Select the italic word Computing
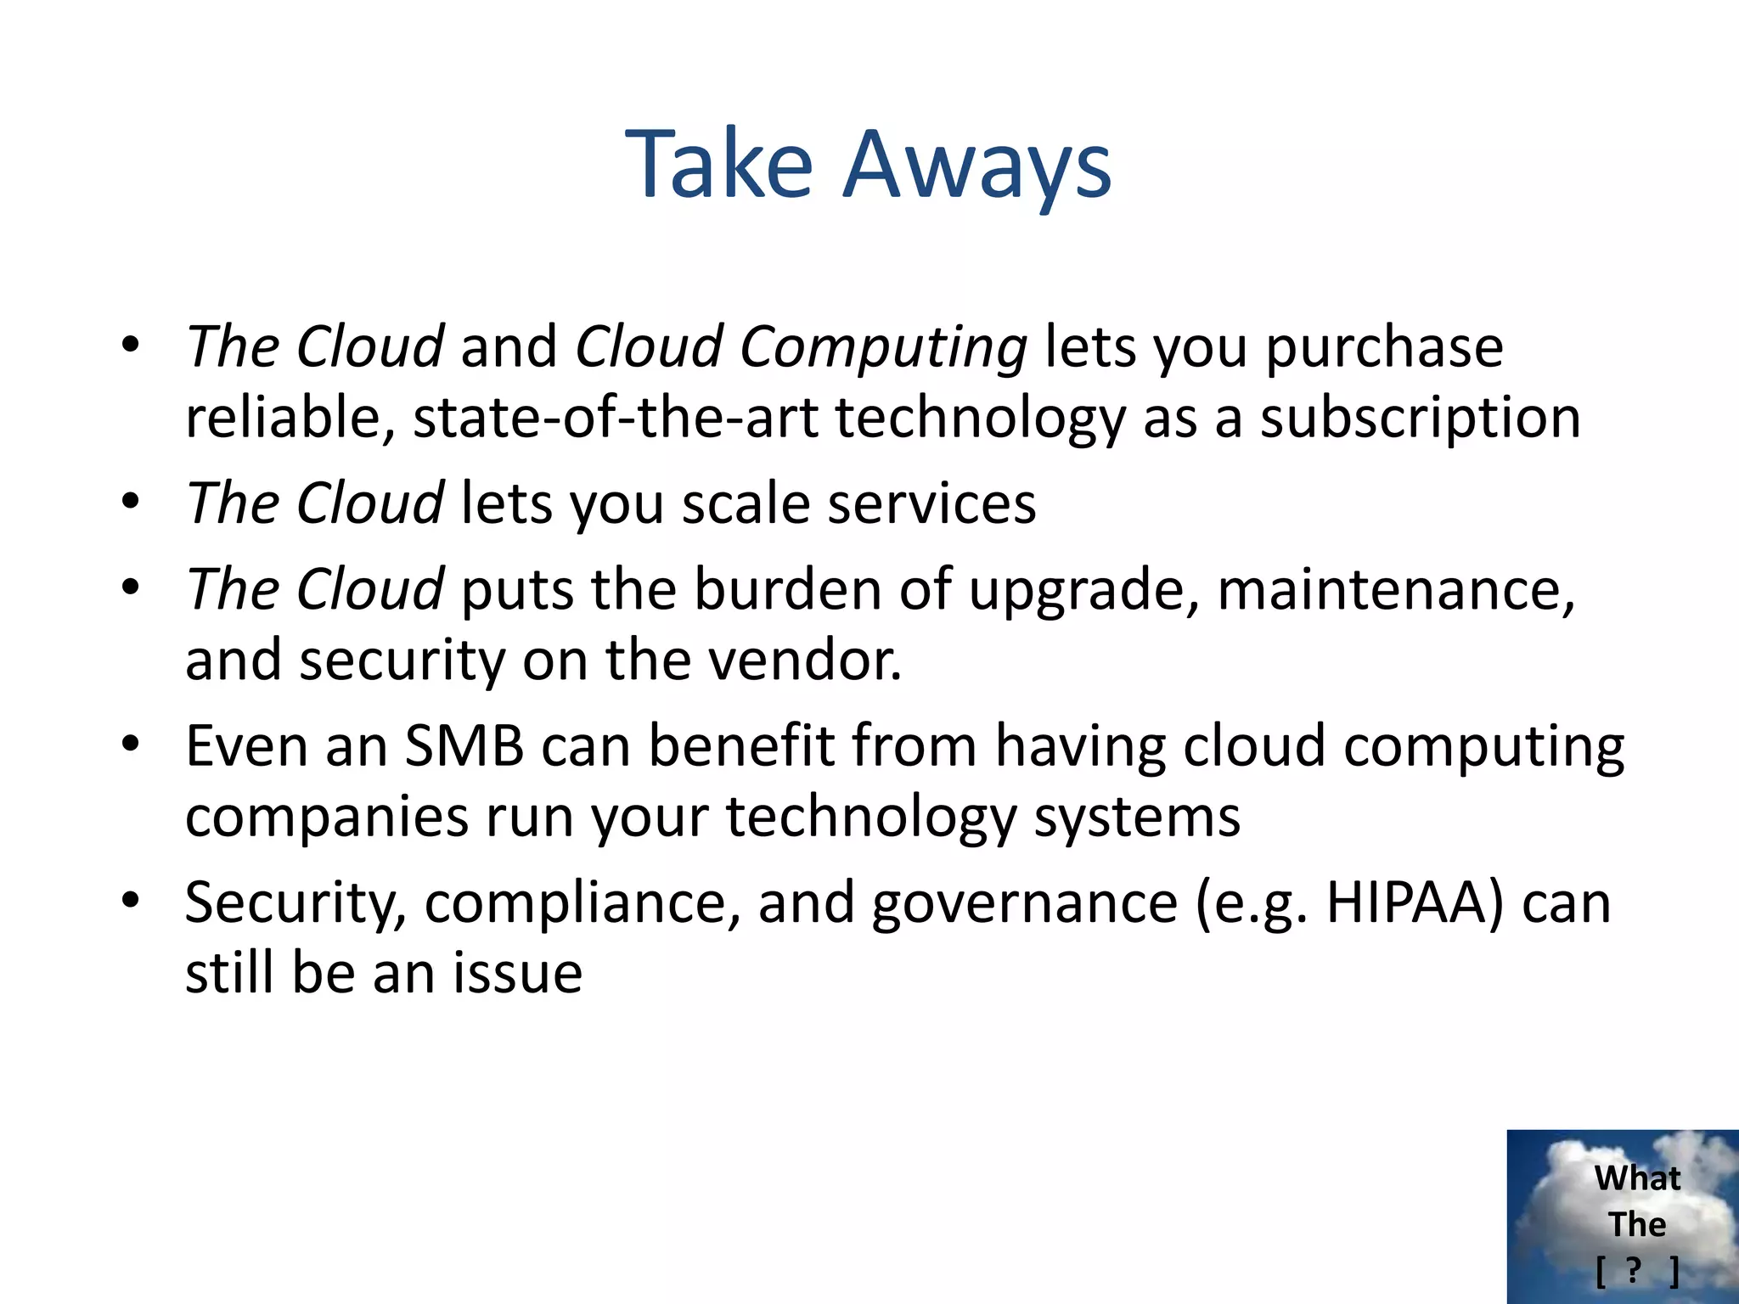pos(883,348)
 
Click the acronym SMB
pos(464,746)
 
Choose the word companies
pos(327,818)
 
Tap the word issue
pos(517,974)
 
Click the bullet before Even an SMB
pos(129,745)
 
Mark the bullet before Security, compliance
pos(129,901)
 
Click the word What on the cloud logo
pos(1636,1178)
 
